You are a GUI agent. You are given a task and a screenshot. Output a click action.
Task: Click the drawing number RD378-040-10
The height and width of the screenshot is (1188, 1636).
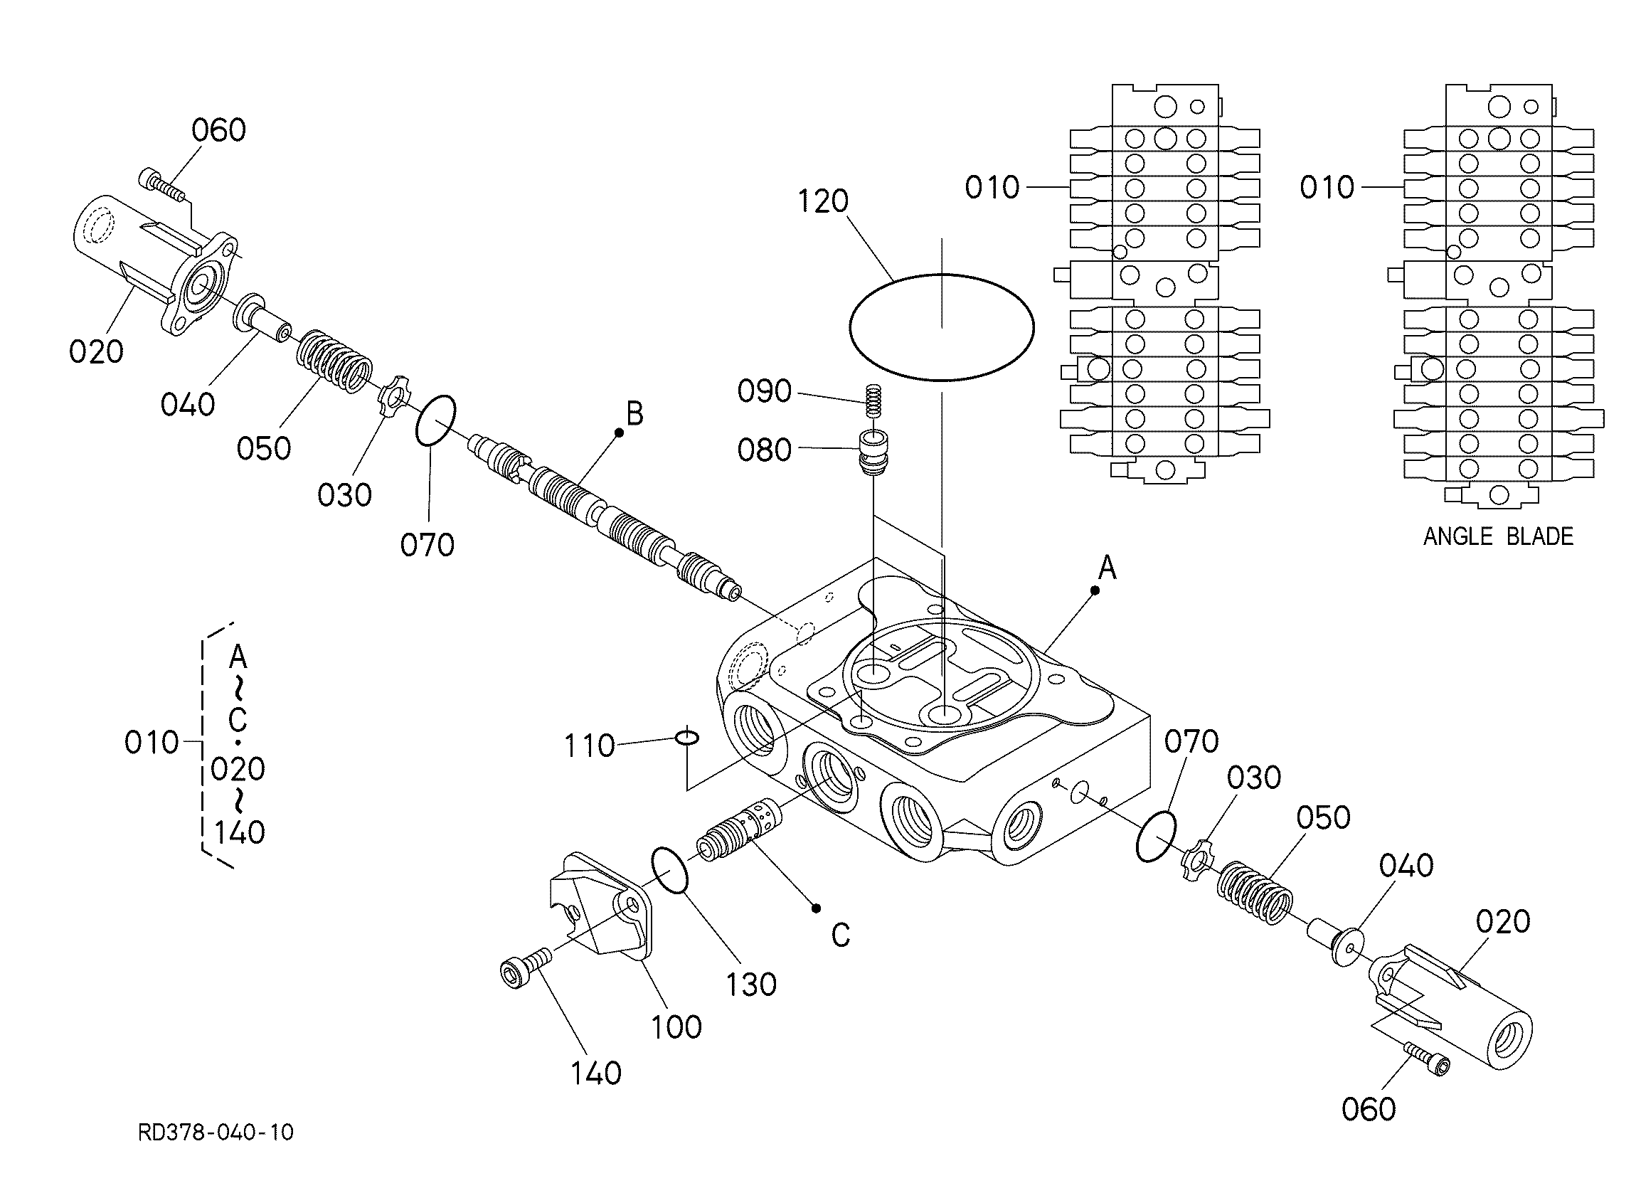click(x=216, y=1132)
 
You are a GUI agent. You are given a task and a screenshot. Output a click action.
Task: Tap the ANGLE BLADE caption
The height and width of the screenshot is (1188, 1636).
click(x=1497, y=536)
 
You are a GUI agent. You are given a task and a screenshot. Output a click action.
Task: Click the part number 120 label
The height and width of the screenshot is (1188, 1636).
click(x=822, y=201)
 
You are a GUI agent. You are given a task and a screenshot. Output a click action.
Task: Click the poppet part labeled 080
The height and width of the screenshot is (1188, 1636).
click(x=873, y=452)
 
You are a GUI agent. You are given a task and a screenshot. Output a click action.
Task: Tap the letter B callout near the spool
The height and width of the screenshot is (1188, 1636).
click(x=634, y=415)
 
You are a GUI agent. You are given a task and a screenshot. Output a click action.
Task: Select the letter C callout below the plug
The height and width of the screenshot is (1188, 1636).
click(x=840, y=935)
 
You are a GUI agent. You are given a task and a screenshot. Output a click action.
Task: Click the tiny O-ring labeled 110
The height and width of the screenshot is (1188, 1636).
click(x=686, y=737)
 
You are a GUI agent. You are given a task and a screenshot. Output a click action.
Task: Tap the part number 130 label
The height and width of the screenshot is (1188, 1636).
click(x=751, y=985)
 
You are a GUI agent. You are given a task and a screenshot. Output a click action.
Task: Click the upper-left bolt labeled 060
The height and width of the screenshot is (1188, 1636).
click(x=164, y=184)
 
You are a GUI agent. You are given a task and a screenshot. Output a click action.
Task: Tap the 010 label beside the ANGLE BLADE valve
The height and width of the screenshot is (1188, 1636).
click(x=1327, y=188)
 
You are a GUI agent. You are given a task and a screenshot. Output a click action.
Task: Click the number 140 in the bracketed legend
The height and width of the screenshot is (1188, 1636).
click(x=240, y=833)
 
